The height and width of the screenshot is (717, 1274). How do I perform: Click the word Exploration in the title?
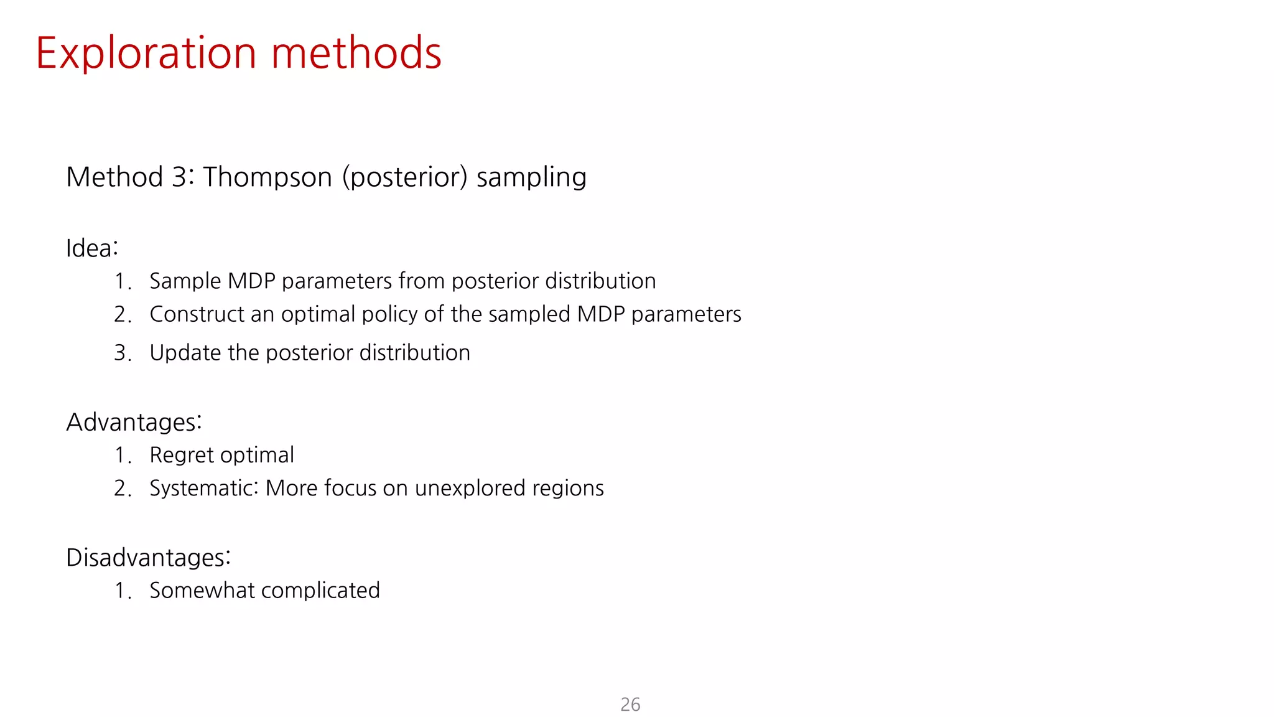click(146, 54)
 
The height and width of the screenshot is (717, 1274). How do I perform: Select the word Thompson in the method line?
click(267, 177)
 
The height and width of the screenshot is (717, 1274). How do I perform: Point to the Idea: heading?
click(92, 248)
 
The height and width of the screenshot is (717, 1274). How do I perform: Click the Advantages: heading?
click(134, 422)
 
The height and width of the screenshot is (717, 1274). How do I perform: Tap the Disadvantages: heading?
click(148, 558)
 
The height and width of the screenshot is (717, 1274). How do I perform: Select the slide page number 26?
click(630, 705)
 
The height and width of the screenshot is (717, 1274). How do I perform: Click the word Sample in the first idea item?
click(185, 281)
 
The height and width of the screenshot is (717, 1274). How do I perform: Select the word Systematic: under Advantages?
click(204, 489)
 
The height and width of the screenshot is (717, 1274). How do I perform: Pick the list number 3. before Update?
click(122, 354)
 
